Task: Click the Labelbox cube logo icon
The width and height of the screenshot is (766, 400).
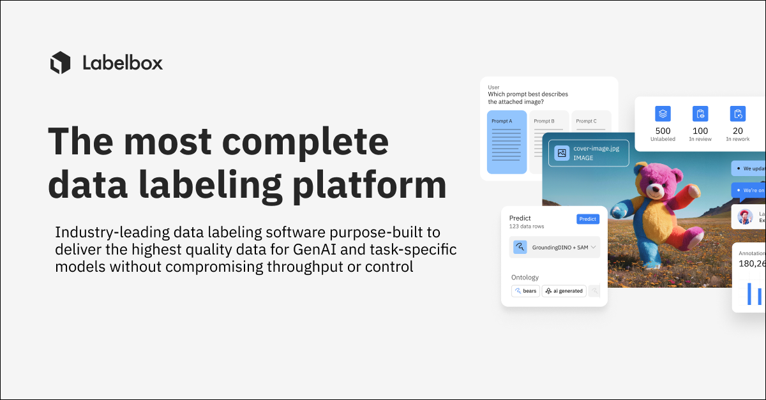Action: click(60, 63)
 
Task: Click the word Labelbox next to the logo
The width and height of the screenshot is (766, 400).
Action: click(123, 63)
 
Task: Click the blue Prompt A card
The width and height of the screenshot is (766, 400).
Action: click(507, 142)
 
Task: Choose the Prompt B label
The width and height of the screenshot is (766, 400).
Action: click(544, 121)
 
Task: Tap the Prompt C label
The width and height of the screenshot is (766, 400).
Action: click(586, 121)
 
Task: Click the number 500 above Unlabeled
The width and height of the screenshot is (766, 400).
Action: click(663, 131)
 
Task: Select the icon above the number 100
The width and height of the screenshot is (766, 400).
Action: click(700, 114)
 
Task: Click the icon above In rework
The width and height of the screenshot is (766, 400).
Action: click(738, 114)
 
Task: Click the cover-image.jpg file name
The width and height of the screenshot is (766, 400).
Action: click(596, 149)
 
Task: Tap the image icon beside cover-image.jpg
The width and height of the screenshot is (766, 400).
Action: click(562, 153)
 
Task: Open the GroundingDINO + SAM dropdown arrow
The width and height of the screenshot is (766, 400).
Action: click(593, 247)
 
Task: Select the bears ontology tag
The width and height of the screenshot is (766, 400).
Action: click(525, 291)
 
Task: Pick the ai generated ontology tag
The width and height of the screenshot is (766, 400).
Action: click(564, 291)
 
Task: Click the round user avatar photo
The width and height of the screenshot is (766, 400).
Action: click(745, 217)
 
